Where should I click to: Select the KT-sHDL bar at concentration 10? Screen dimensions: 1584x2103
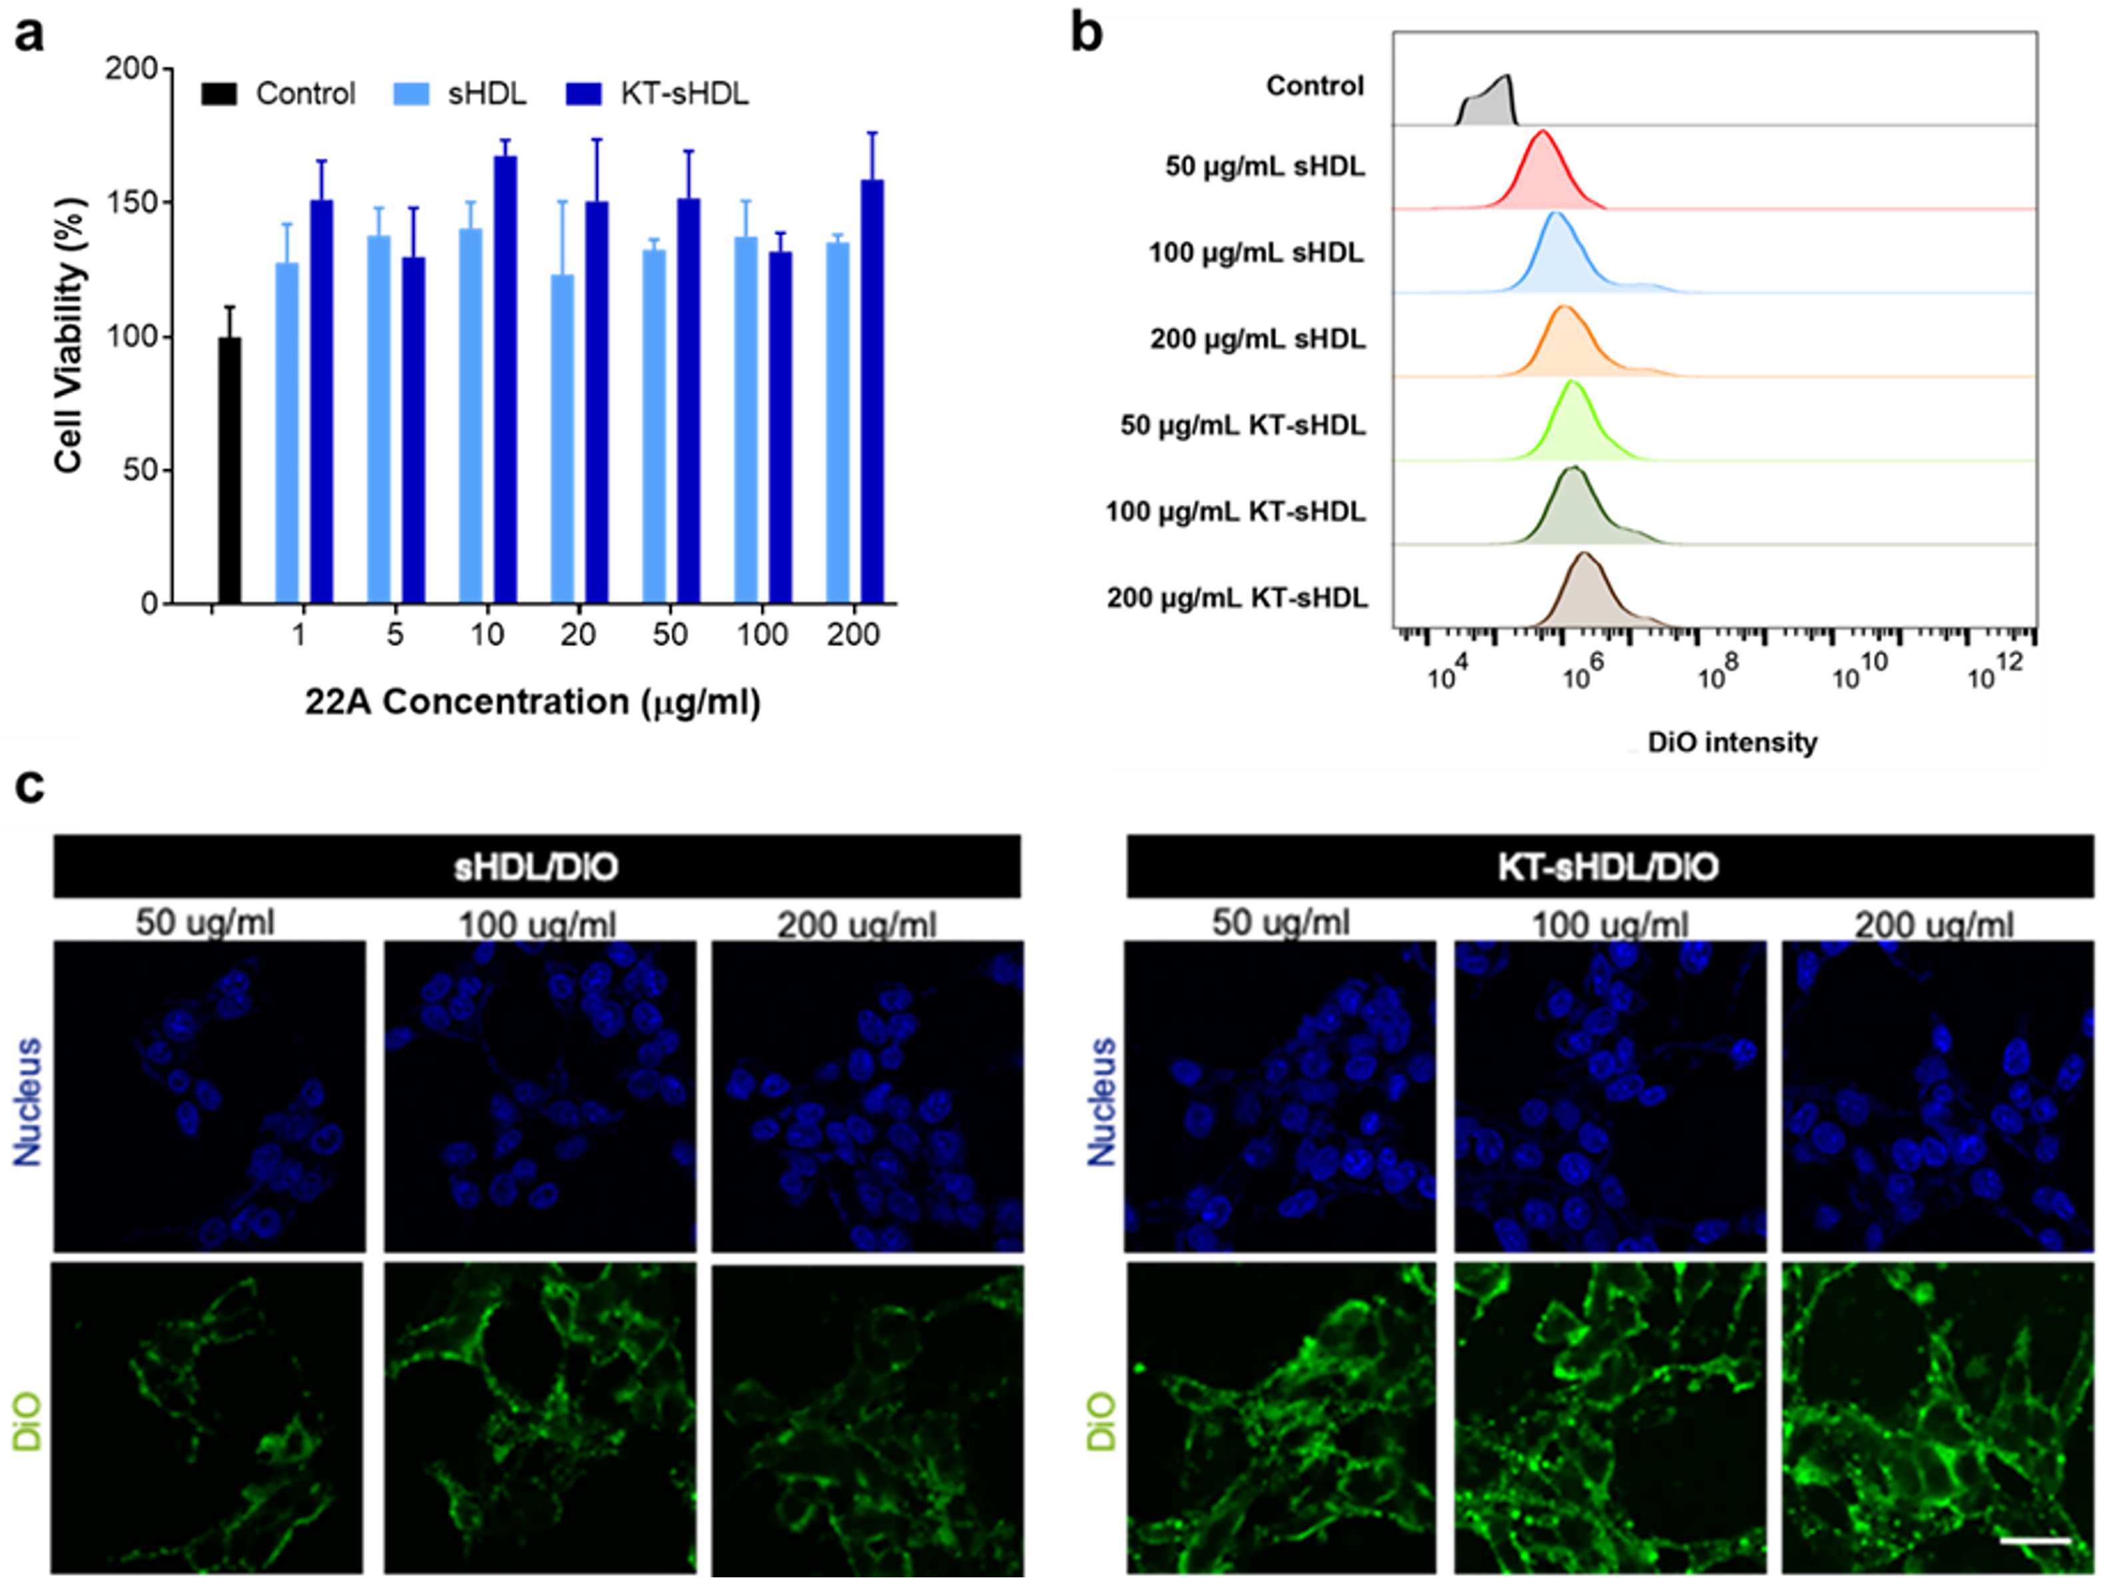click(505, 380)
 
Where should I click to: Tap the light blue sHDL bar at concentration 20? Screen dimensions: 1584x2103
click(563, 439)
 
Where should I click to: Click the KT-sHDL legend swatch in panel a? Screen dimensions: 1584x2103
click(584, 94)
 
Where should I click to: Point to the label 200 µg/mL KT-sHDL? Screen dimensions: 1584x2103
click(1237, 598)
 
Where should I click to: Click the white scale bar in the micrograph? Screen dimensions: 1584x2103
click(2034, 1540)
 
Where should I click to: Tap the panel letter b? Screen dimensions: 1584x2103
click(1087, 34)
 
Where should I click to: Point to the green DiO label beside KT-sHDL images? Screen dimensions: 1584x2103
click(1101, 1421)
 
